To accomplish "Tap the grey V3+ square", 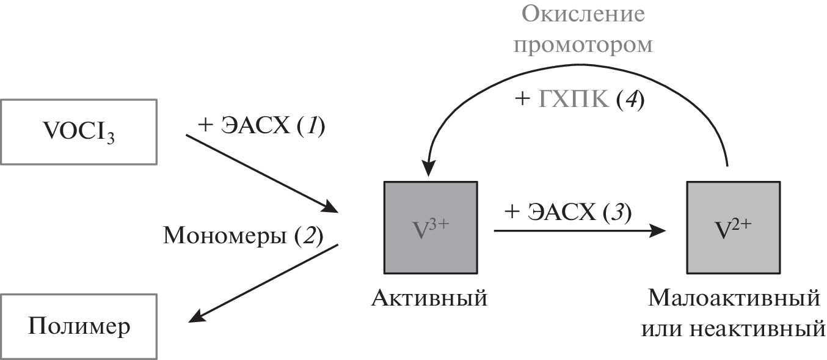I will click(x=430, y=227).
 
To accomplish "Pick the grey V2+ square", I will click(x=733, y=227).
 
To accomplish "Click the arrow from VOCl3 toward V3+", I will click(x=263, y=174).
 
